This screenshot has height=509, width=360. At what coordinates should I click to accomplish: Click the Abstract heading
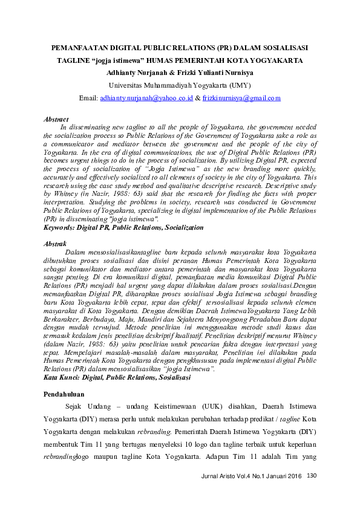(x=56, y=120)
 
